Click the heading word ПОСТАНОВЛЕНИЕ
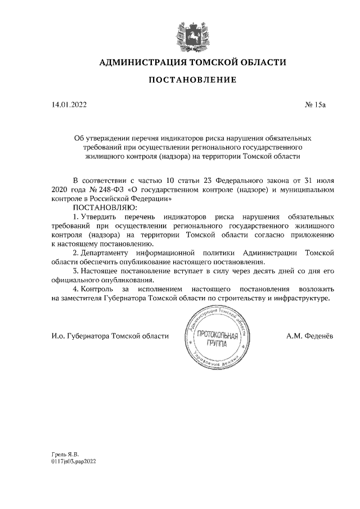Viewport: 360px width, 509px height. (x=192, y=80)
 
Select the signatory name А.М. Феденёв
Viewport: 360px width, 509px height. (x=309, y=336)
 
